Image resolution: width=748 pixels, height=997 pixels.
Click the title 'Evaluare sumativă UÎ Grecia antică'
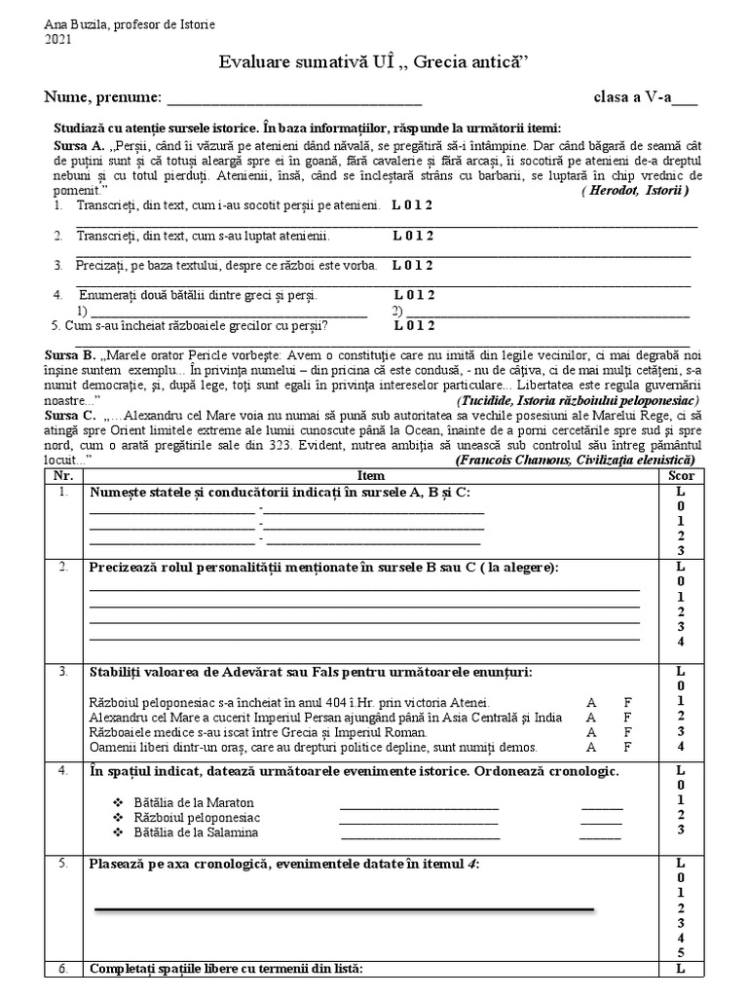373,63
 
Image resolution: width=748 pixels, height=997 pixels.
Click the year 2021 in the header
58,39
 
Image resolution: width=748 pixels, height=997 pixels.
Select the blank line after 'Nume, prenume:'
295,98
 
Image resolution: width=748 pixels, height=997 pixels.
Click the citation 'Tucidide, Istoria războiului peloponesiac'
577,401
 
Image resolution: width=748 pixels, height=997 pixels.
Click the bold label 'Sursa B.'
70,355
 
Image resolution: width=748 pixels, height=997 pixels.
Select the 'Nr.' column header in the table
63,475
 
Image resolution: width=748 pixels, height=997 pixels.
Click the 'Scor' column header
681,475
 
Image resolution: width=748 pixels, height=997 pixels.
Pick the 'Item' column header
371,475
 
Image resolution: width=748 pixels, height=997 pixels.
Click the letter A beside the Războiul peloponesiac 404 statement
590,702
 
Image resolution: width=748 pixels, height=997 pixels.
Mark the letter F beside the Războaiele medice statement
628,732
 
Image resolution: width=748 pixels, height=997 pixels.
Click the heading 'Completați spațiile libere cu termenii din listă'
226,970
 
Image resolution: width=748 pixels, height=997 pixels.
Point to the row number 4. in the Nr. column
63,772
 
